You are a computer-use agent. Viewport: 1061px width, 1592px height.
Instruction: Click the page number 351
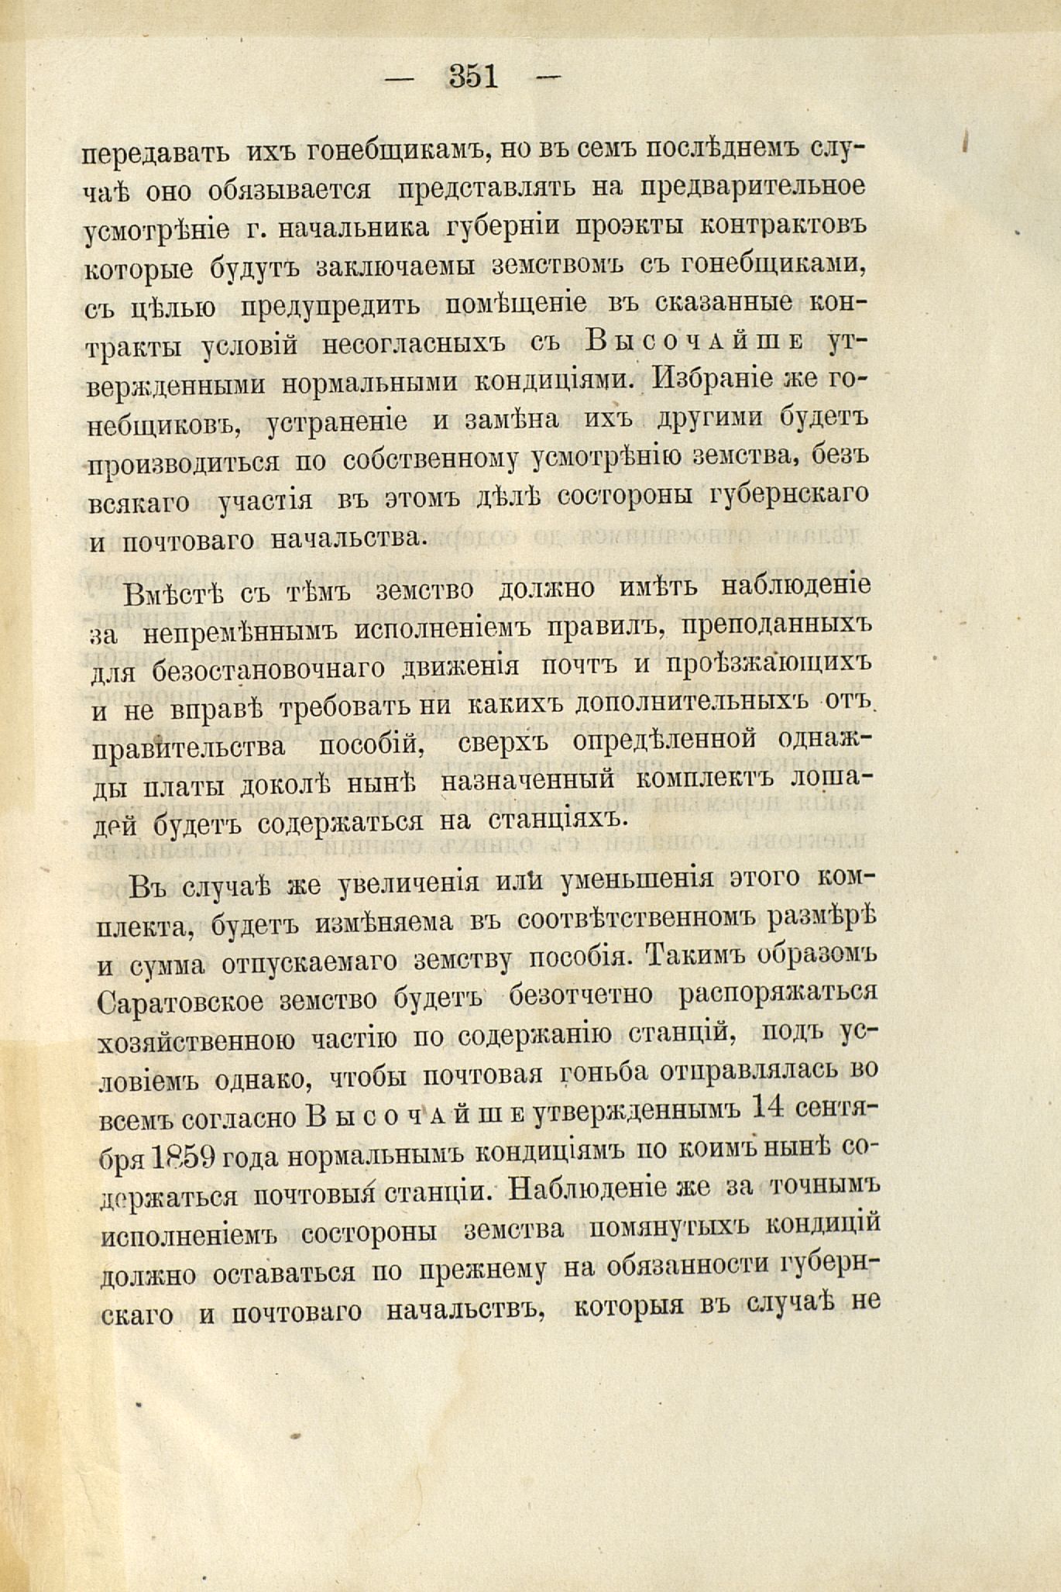473,77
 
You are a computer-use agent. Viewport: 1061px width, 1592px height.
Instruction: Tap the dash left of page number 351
401,77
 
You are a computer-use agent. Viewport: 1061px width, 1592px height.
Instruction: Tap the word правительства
187,747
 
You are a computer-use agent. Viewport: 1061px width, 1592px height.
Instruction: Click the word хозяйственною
197,1040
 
